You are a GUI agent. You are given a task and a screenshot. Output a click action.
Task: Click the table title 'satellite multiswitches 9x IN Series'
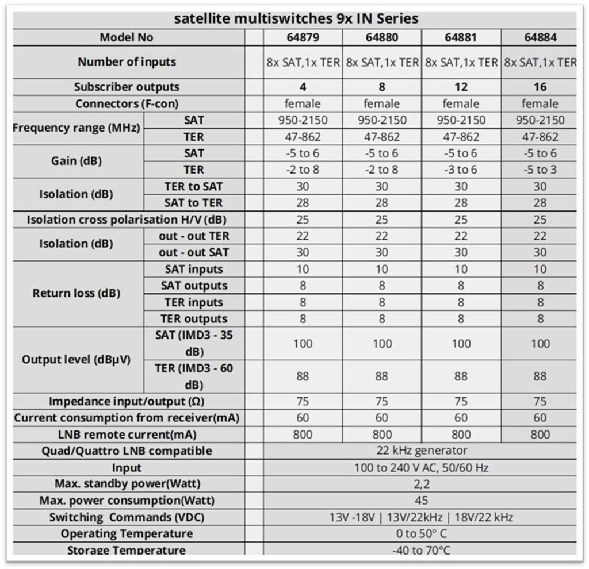coord(296,18)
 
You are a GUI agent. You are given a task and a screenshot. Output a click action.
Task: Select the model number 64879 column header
coord(303,38)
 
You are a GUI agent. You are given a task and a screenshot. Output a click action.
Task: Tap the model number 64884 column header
coord(540,38)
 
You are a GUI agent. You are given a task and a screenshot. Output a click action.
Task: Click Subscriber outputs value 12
coord(461,87)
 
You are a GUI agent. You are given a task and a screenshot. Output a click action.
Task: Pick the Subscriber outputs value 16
coord(540,87)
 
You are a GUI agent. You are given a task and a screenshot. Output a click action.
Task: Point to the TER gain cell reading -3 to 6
coord(461,170)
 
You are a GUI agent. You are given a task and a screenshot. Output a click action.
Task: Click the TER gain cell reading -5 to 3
coord(540,170)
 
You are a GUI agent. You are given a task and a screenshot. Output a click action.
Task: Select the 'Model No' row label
coord(127,38)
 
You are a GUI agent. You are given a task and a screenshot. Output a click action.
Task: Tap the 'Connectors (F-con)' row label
coord(127,104)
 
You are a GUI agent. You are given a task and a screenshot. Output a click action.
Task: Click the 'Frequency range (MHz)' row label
coord(76,128)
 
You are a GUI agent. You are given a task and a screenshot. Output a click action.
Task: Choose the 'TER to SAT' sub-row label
coord(193,186)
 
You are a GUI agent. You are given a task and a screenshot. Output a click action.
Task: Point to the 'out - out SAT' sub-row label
coord(193,252)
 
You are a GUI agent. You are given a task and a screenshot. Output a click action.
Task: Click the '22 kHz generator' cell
coord(420,451)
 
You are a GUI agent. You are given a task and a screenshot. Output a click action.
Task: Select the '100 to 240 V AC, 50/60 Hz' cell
coord(420,468)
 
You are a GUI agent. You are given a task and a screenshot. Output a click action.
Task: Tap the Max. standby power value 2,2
coord(420,484)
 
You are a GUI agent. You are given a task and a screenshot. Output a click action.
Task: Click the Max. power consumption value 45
coord(420,501)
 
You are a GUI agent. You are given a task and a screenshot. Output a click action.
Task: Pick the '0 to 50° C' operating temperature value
coord(420,533)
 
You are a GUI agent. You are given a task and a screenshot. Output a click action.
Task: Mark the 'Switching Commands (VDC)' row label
coord(127,517)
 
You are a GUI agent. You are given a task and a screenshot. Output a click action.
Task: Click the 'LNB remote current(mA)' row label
coord(127,435)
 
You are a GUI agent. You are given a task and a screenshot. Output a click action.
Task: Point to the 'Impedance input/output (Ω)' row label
coord(127,401)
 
